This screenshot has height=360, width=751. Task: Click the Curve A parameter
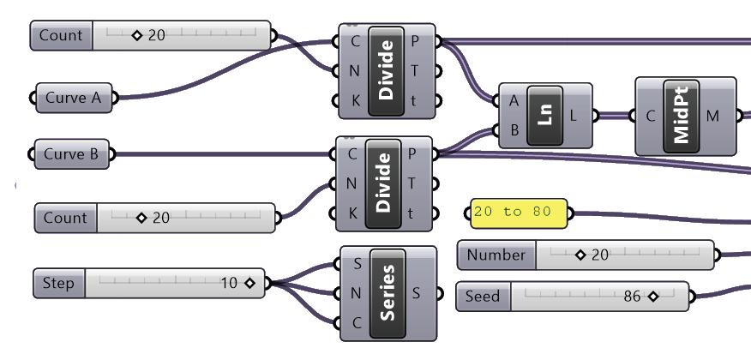[x=72, y=98]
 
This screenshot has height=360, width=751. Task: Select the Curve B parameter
[x=71, y=155]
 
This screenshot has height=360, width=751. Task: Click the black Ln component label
[x=544, y=116]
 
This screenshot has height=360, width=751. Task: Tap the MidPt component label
[x=683, y=116]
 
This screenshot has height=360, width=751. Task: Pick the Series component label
[x=388, y=293]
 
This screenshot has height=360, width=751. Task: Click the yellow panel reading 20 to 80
[x=518, y=212]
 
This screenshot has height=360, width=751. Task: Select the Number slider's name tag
[x=496, y=255]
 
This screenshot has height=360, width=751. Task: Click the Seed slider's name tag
[x=483, y=297]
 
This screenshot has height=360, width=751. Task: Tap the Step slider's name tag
[x=58, y=283]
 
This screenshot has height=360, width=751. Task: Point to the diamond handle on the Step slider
[x=250, y=283]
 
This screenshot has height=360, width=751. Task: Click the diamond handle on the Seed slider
[x=653, y=297]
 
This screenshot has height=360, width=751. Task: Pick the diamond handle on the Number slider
[x=580, y=255]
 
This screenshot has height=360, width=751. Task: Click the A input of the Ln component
[x=514, y=100]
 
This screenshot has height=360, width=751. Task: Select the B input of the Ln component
[x=514, y=130]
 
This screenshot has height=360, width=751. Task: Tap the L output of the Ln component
[x=574, y=116]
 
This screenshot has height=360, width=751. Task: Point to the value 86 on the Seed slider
[x=633, y=297]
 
